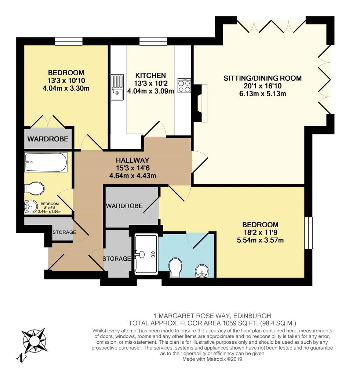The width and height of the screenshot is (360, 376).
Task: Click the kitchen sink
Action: click(x=117, y=87)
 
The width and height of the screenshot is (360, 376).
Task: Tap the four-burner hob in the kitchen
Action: click(x=184, y=86)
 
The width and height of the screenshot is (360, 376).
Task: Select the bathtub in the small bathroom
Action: click(x=46, y=162)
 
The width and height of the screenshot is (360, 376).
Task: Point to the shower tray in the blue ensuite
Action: click(x=146, y=254)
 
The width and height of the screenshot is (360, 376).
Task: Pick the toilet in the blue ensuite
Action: click(x=175, y=268)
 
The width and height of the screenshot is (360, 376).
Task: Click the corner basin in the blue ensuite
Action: click(x=202, y=271)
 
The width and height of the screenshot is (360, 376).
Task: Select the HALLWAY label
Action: click(x=132, y=160)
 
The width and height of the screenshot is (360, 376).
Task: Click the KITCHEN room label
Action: click(x=150, y=76)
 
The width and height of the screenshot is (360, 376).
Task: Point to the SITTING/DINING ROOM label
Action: click(x=262, y=78)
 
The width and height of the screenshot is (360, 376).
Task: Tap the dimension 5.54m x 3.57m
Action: click(x=260, y=240)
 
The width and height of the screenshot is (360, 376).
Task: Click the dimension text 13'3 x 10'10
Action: click(x=66, y=80)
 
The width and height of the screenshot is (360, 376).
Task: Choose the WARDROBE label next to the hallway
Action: click(x=124, y=206)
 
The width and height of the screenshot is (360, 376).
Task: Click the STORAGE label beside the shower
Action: click(x=116, y=258)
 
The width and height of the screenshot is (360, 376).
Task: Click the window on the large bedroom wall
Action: click(x=309, y=233)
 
